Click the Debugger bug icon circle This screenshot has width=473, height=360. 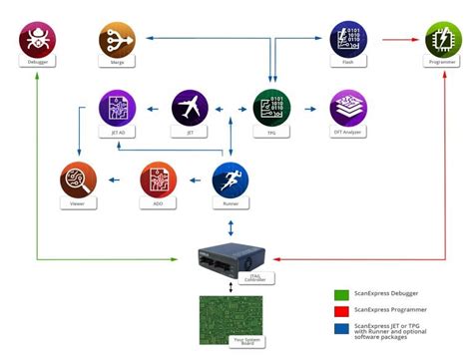coord(38,39)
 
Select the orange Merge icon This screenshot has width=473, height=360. coord(117,39)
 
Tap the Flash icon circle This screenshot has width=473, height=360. coord(348,39)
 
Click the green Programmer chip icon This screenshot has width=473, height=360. coord(440,39)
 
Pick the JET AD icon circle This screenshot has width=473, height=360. coord(117,107)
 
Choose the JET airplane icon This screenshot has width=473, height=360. coord(190,107)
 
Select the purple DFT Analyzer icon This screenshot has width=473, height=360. coord(348,107)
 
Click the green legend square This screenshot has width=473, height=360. coord(340,295)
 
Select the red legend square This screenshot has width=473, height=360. coord(340,311)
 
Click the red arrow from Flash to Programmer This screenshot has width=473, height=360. coord(394,39)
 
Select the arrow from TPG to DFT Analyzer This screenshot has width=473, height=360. coord(309,107)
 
